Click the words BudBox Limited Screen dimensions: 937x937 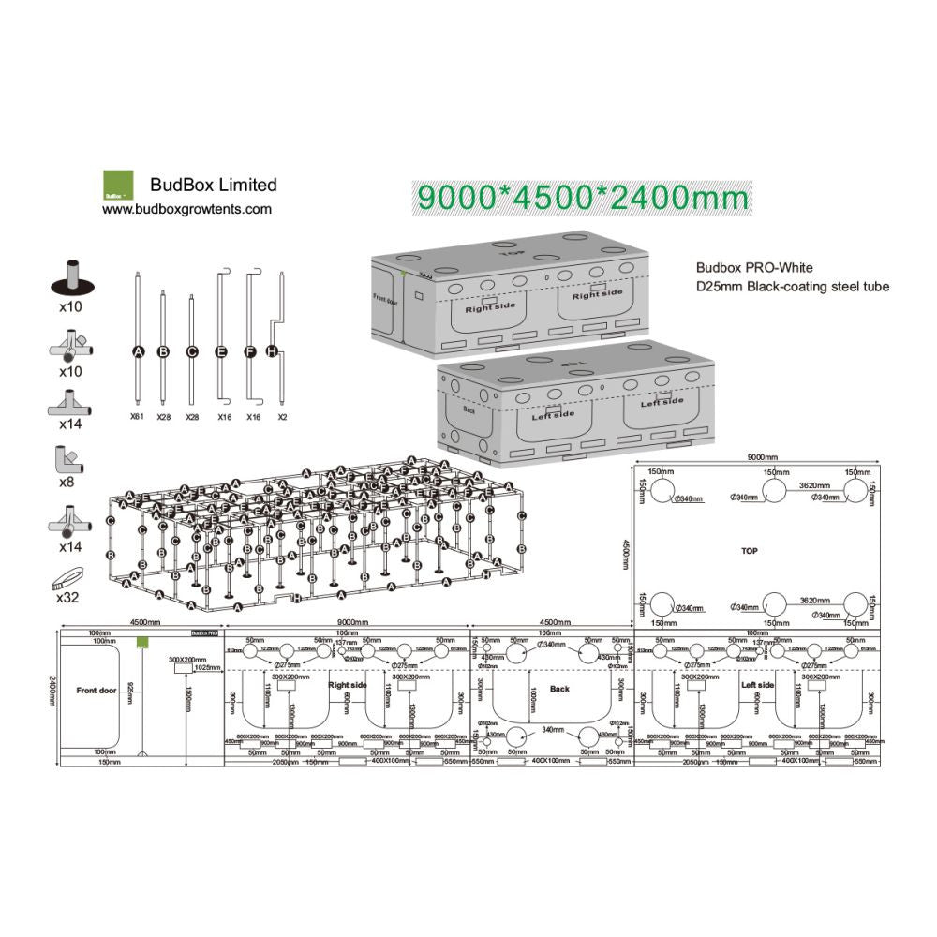(214, 185)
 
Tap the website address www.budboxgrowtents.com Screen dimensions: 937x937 (186, 210)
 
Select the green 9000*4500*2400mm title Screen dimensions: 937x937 (583, 198)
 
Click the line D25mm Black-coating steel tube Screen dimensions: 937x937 (792, 287)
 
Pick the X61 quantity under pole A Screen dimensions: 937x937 (137, 415)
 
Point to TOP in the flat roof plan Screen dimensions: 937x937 (749, 551)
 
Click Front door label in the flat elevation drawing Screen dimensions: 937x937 (95, 690)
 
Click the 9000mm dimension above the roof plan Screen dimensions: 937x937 (759, 457)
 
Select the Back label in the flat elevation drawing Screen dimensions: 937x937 (559, 689)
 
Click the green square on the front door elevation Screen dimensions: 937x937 (142, 642)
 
